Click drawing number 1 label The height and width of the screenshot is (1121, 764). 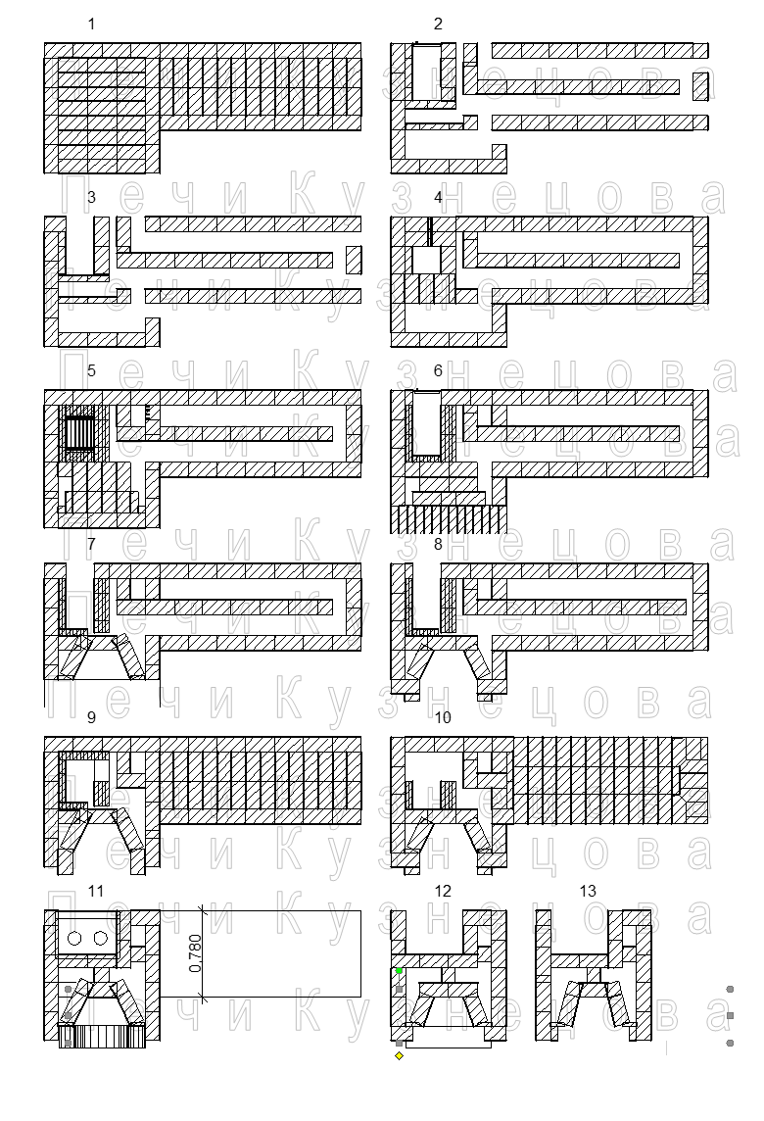(x=91, y=24)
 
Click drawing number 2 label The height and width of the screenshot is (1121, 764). (x=438, y=24)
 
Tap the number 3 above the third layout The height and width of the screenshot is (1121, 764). (x=91, y=197)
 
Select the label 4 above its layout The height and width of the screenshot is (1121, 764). (x=438, y=197)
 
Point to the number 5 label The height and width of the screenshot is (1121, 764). (x=91, y=370)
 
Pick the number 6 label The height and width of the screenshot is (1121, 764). (x=438, y=370)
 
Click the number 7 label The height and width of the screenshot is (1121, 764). (x=91, y=544)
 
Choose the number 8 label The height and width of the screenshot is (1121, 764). (x=438, y=544)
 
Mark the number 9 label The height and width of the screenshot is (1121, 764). (x=91, y=717)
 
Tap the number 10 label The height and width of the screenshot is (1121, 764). (x=443, y=717)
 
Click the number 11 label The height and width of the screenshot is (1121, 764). (x=95, y=891)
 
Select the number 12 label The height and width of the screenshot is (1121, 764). (x=443, y=891)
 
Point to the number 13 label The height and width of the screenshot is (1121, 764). (x=588, y=891)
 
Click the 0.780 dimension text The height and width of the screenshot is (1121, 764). (x=194, y=953)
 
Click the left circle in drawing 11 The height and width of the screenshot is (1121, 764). (x=75, y=939)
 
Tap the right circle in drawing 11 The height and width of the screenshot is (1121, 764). (x=101, y=939)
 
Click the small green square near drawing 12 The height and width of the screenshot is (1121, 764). (x=399, y=970)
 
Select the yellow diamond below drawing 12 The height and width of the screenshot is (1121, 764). (x=399, y=1055)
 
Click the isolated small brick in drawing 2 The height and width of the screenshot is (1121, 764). (x=699, y=86)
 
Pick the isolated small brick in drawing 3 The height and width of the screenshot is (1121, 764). (x=354, y=260)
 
